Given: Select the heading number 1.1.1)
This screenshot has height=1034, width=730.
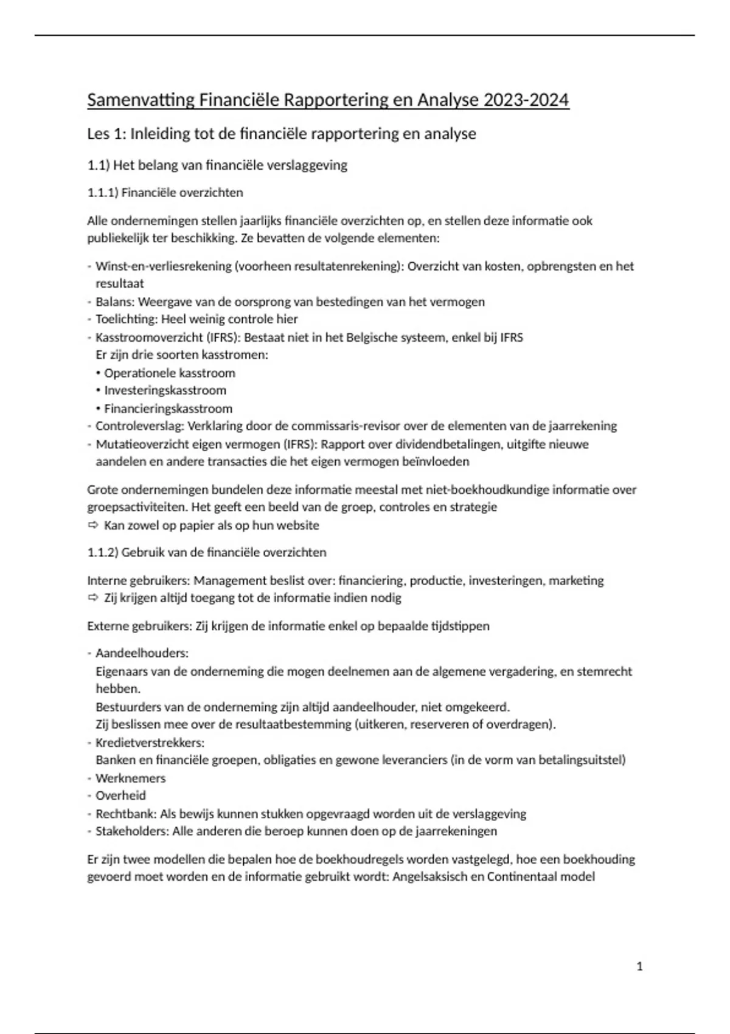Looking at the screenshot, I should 103,192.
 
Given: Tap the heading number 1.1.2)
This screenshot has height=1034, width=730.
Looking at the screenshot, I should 103,552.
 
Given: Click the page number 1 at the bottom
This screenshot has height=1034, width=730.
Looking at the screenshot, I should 639,966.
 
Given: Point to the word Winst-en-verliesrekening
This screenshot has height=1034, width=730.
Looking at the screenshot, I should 163,266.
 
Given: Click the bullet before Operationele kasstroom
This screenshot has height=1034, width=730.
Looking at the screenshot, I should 99,373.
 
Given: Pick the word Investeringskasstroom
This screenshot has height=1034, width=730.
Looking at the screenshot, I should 165,390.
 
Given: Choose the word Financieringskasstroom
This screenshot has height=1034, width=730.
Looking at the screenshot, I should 168,409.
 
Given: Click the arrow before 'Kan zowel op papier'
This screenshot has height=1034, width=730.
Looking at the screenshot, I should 93,525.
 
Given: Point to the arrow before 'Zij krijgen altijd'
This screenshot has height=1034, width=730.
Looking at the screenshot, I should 93,598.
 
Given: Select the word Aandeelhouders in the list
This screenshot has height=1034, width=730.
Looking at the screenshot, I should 141,653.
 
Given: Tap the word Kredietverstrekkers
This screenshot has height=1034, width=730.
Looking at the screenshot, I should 149,743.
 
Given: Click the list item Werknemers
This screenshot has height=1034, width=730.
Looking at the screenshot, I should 130,779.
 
